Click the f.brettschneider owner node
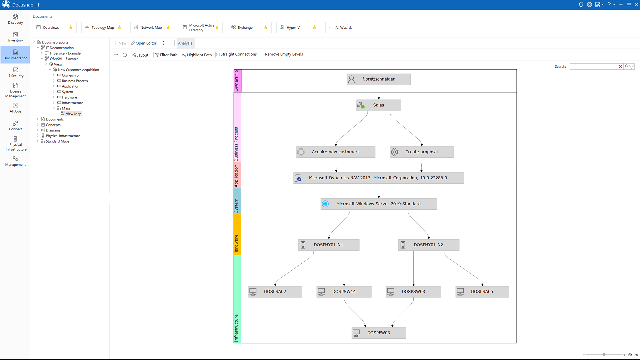click(379, 79)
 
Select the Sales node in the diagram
click(379, 105)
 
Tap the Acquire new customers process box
click(336, 152)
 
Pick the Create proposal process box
click(422, 152)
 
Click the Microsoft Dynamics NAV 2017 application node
click(379, 178)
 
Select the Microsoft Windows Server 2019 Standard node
click(379, 204)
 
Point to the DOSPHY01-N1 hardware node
click(329, 245)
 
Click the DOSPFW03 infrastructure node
click(379, 333)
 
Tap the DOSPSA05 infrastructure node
click(482, 292)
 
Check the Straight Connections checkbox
click(218, 55)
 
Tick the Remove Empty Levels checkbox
click(263, 55)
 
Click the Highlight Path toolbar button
click(197, 55)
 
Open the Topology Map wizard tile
click(103, 28)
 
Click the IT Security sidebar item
click(15, 72)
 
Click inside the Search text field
click(593, 67)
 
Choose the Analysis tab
click(185, 43)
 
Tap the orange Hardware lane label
click(237, 235)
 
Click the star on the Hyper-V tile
click(314, 28)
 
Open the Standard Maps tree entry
click(58, 141)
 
